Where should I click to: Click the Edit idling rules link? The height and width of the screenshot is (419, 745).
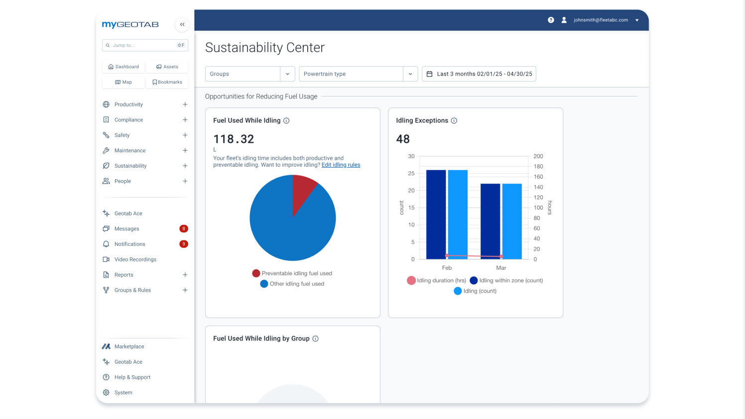coord(341,165)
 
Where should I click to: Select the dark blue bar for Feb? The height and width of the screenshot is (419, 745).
coord(436,214)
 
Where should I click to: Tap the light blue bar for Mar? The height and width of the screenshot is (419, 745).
coord(511,221)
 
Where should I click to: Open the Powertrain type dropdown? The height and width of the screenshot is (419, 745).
coord(358,74)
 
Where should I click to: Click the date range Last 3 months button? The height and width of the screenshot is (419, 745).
coord(479,74)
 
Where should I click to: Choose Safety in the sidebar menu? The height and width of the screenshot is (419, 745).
coord(122,135)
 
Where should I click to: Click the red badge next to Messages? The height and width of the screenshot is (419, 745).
coord(183,229)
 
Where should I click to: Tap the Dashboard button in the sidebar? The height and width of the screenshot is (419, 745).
coord(124,67)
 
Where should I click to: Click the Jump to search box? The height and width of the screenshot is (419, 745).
coord(142,45)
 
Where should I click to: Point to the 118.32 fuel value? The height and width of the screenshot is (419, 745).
coord(234,139)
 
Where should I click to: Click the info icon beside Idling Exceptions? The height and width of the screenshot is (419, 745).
coord(454,121)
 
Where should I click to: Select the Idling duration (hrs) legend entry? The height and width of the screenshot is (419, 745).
coord(436,281)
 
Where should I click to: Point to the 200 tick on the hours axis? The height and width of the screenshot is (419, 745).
coord(538,156)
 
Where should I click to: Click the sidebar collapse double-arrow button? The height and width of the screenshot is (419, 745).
coord(182,24)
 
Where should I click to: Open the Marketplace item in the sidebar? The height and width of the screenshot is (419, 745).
coord(129,347)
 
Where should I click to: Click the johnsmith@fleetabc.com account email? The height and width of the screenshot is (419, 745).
coord(601,20)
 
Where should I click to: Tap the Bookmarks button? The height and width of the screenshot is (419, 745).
coord(167,82)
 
